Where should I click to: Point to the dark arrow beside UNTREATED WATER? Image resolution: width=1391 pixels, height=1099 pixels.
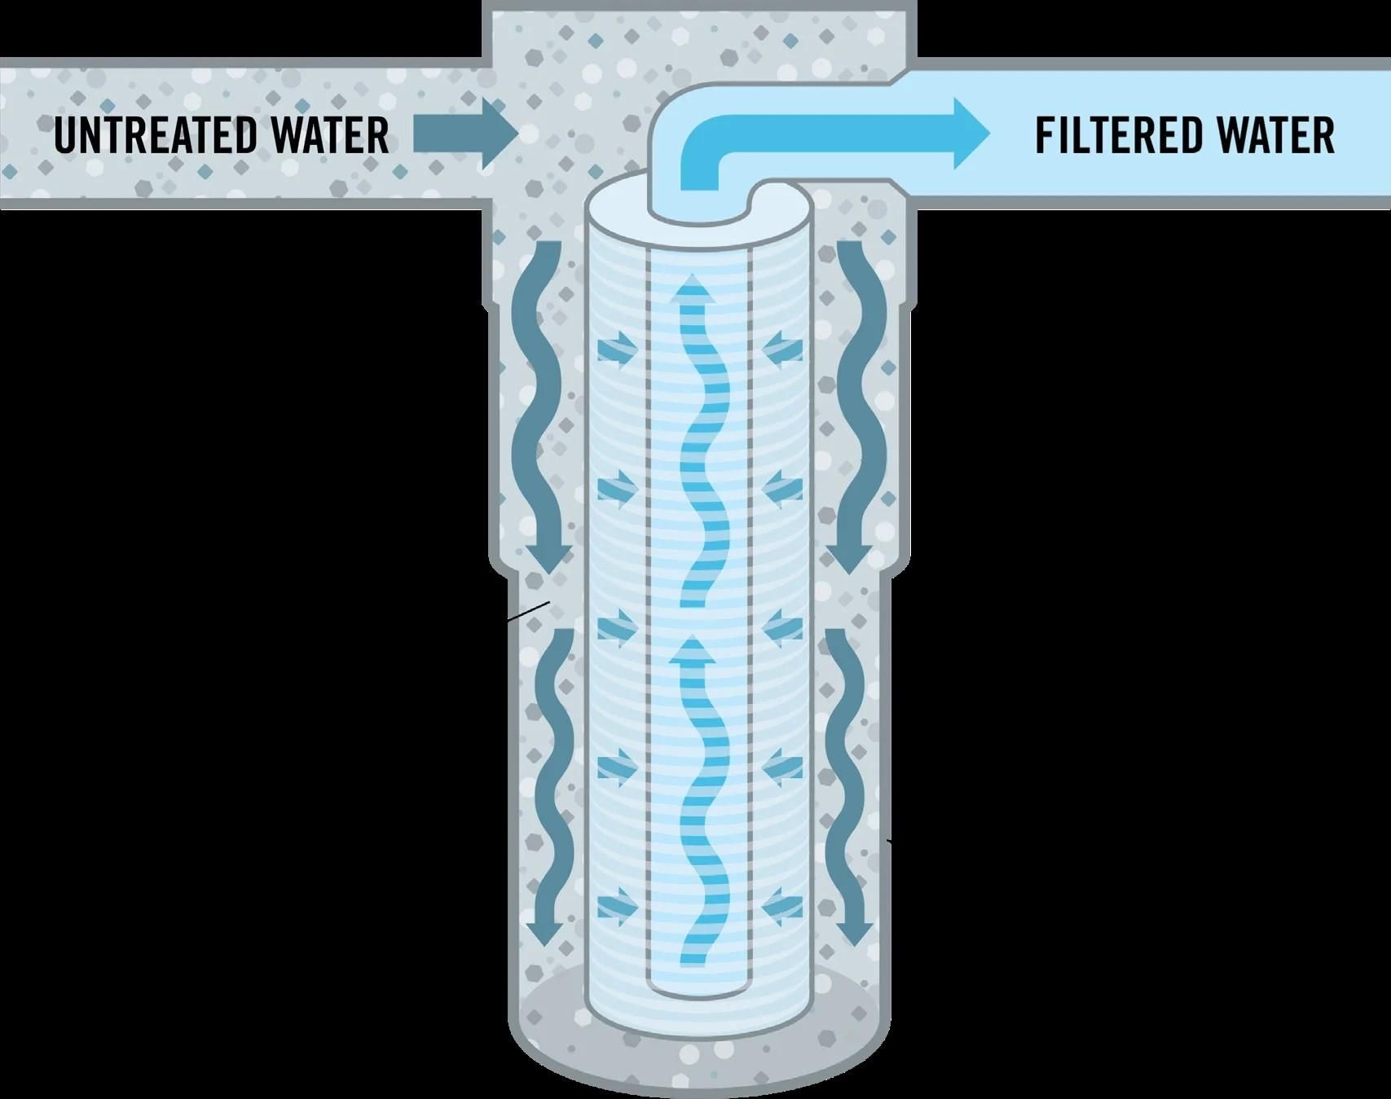click(465, 133)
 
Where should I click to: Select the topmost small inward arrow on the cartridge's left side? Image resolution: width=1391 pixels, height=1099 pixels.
click(618, 349)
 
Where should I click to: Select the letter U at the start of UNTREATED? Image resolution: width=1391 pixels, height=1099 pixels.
click(67, 135)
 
